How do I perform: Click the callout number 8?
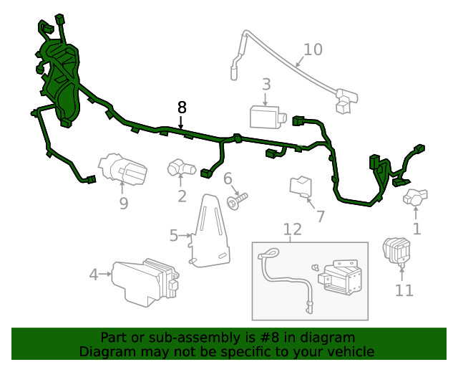click(x=182, y=108)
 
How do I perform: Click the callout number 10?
click(x=313, y=49)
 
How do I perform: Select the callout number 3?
click(x=266, y=85)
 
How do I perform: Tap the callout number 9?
click(x=123, y=204)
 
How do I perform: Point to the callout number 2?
click(x=182, y=196)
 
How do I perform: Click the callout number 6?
click(x=228, y=178)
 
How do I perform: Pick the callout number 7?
click(x=320, y=216)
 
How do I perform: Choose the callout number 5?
click(x=174, y=235)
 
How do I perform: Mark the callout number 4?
click(x=93, y=274)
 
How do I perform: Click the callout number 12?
click(x=293, y=229)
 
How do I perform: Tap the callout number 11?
click(x=404, y=290)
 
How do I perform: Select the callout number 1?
click(x=416, y=229)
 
